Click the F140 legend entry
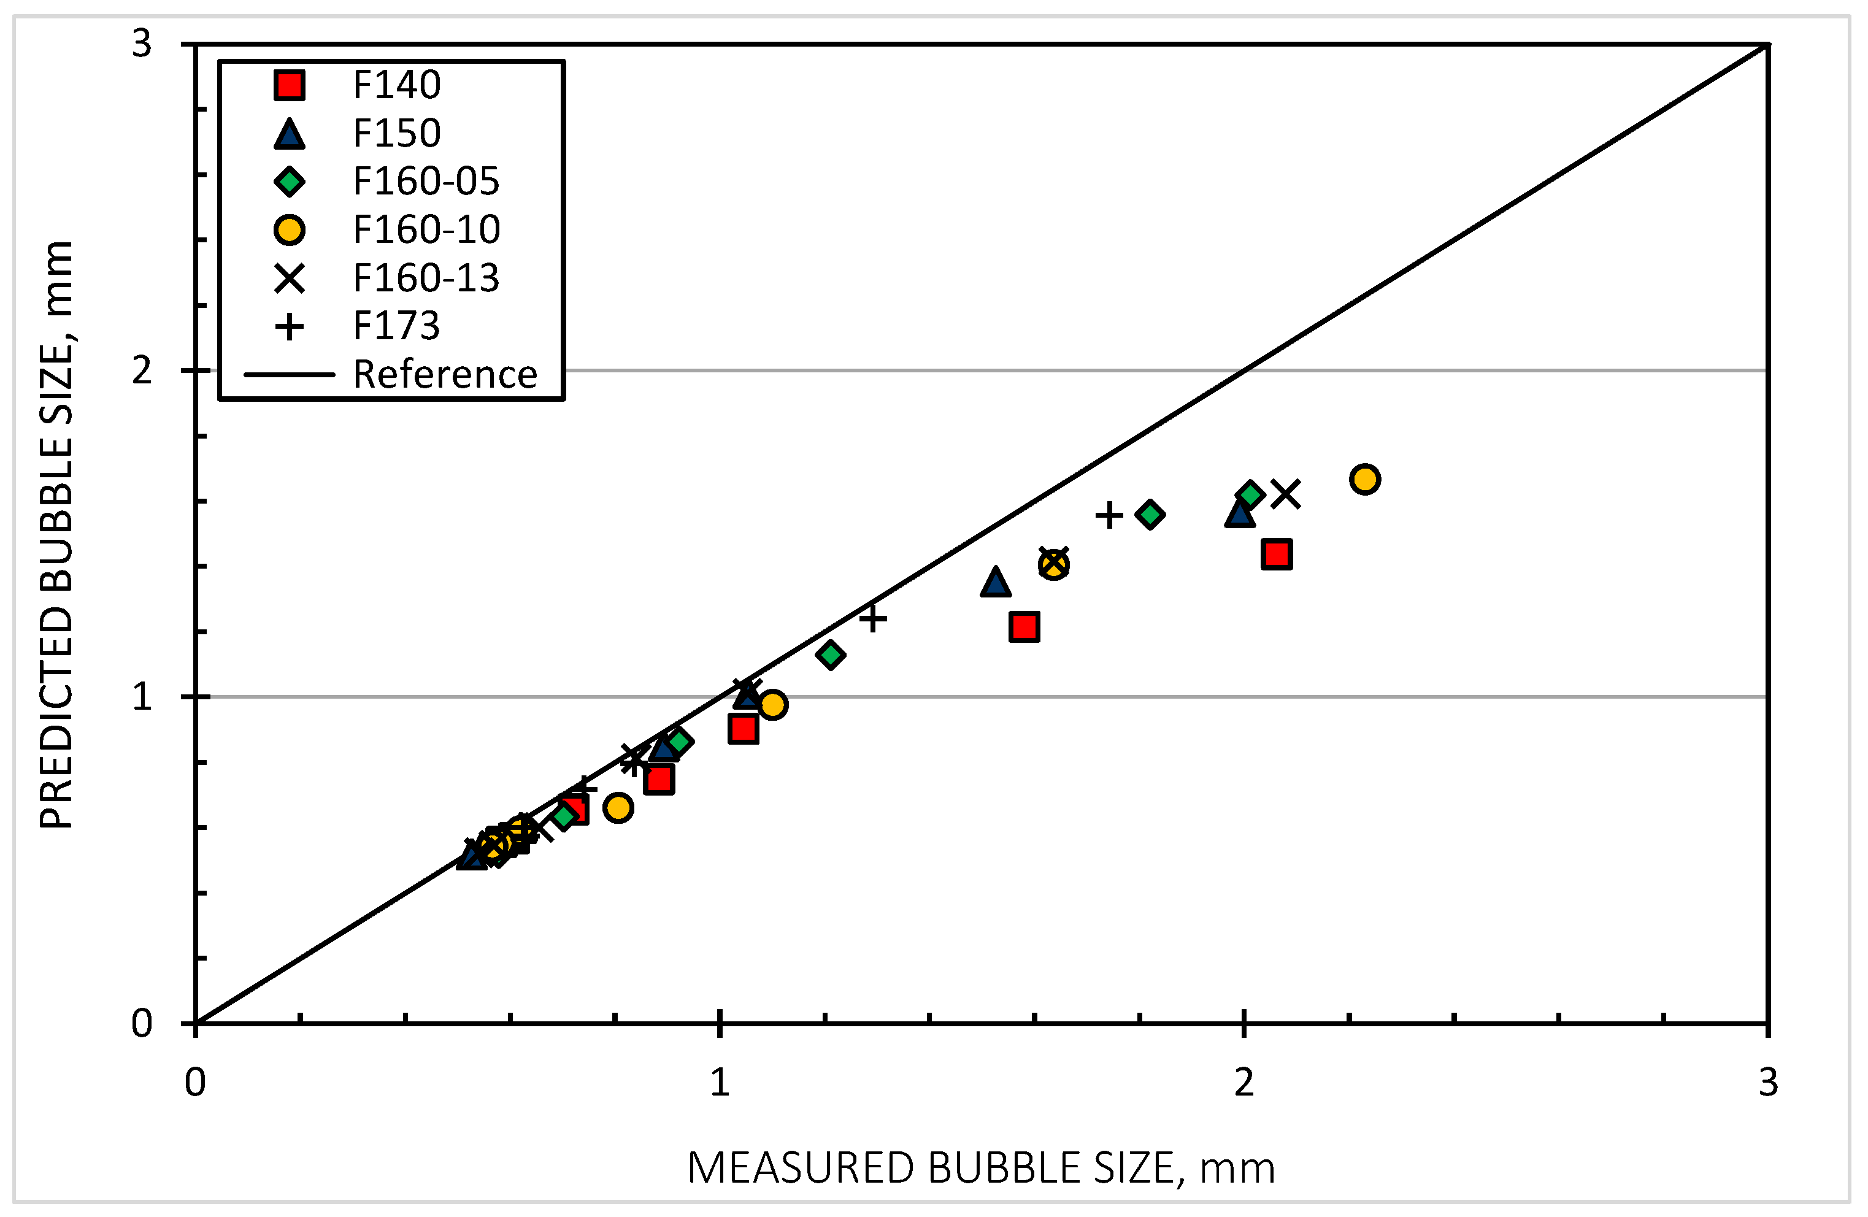click(396, 85)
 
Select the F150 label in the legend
click(396, 133)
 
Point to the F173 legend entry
click(396, 326)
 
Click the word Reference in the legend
click(445, 374)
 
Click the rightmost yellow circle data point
click(1365, 478)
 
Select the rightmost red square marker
click(1277, 554)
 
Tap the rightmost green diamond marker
click(1250, 494)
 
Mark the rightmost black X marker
click(1286, 494)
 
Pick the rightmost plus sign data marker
click(1109, 515)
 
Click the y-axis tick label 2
click(141, 370)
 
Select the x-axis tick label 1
click(720, 1083)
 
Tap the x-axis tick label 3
click(1767, 1083)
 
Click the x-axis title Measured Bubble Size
click(981, 1169)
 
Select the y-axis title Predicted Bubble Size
click(56, 534)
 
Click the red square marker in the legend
click(290, 85)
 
